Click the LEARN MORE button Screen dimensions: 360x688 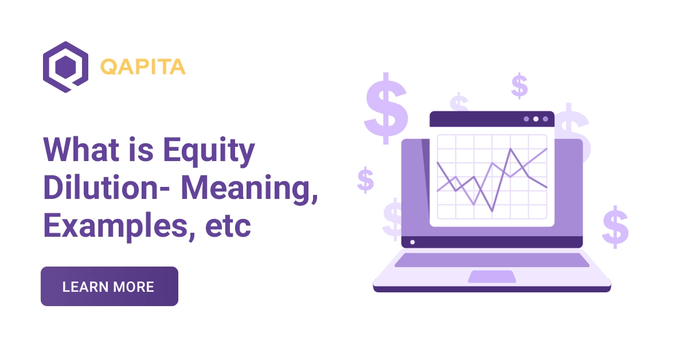click(x=109, y=287)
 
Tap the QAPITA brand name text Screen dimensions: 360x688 click(x=143, y=67)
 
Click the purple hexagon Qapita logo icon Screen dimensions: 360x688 click(x=65, y=66)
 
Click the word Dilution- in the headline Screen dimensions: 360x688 click(x=108, y=189)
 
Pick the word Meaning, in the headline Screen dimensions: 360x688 click(x=250, y=190)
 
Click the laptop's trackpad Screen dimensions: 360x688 click(x=491, y=277)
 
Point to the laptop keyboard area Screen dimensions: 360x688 click(x=491, y=260)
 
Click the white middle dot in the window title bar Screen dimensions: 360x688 click(x=535, y=119)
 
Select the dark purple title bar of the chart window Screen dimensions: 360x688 click(x=476, y=119)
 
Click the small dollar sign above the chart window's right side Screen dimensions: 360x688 click(x=519, y=86)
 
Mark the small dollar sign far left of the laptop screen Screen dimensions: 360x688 click(x=365, y=179)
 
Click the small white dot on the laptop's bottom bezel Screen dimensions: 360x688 click(x=412, y=242)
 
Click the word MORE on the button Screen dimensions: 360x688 click(x=134, y=287)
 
